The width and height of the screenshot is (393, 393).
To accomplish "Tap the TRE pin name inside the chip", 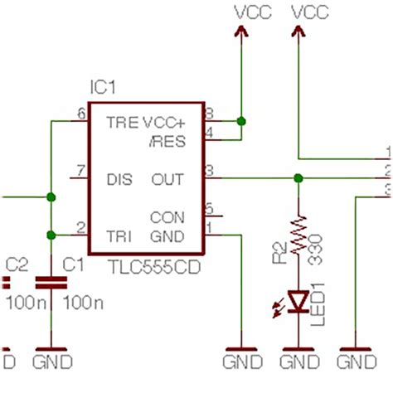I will (121, 121).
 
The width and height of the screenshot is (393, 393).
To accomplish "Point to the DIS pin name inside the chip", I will (119, 178).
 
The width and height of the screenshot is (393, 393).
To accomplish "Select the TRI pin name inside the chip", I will (119, 236).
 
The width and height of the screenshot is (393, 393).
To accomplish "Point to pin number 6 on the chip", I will (80, 114).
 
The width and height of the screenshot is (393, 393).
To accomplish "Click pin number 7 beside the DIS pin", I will (80, 172).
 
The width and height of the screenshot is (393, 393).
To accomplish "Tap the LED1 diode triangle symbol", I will (298, 298).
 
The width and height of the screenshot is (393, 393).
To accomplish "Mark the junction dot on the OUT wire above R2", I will (298, 178).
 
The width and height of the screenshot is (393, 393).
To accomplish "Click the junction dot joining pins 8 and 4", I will (241, 122).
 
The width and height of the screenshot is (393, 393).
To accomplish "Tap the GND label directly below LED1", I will (298, 362).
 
